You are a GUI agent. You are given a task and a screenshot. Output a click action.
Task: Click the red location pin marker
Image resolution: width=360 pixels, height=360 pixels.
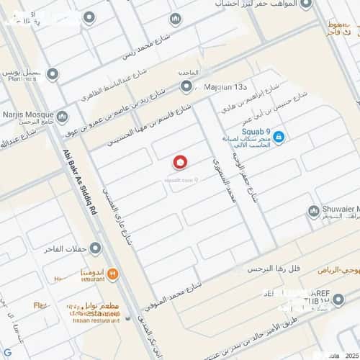click(181, 163)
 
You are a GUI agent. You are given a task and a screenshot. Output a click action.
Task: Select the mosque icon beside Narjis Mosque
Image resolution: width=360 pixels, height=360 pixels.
click(62, 116)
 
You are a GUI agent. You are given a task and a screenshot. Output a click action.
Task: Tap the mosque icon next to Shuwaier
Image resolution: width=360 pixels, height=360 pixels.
click(313, 211)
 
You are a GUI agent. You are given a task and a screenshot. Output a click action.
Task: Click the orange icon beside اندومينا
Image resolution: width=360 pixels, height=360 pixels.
click(113, 274)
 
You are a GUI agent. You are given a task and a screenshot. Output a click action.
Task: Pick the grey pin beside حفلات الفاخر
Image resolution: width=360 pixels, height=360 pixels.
click(95, 249)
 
